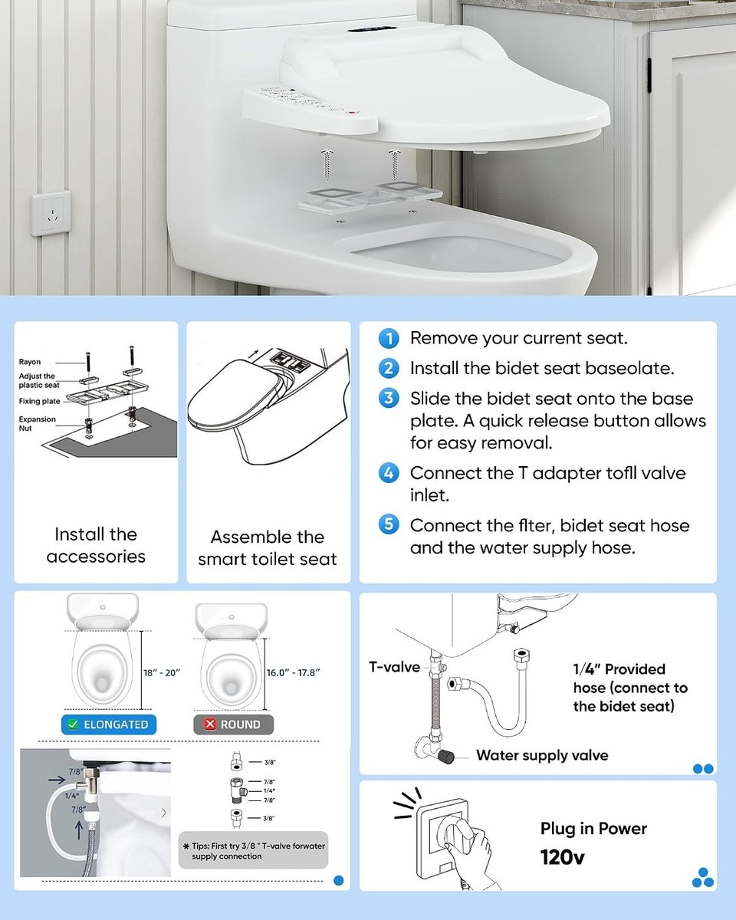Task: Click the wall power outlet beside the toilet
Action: click(x=51, y=213)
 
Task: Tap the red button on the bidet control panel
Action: click(x=352, y=113)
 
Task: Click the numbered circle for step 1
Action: click(x=389, y=339)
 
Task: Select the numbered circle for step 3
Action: click(x=389, y=398)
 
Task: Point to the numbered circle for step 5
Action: click(x=389, y=524)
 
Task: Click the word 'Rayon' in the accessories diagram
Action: click(x=29, y=362)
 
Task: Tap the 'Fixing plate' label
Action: click(x=39, y=401)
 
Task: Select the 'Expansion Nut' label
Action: click(x=37, y=424)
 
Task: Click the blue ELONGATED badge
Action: click(x=109, y=724)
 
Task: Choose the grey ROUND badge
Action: click(x=234, y=724)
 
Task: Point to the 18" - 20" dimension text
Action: click(x=162, y=672)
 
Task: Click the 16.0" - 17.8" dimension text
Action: click(x=293, y=672)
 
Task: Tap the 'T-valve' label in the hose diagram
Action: click(x=394, y=667)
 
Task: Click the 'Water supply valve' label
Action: click(x=542, y=755)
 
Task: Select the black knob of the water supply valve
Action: click(x=446, y=757)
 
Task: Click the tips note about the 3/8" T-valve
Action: click(x=253, y=851)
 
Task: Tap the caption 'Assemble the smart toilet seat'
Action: click(x=268, y=548)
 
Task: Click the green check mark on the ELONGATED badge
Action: click(x=73, y=724)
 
